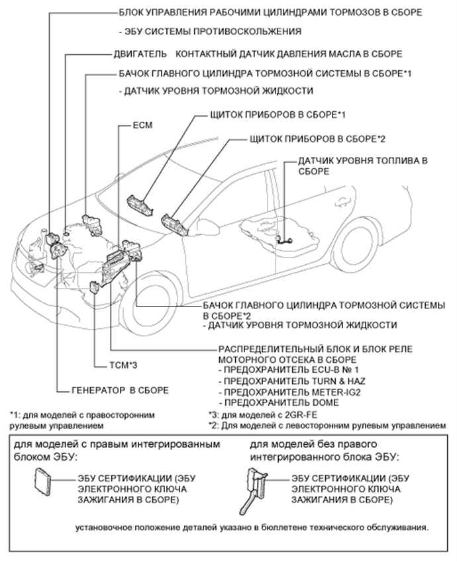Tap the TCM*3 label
click(123, 363)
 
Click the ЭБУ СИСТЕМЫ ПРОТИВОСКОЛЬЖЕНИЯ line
click(210, 31)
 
